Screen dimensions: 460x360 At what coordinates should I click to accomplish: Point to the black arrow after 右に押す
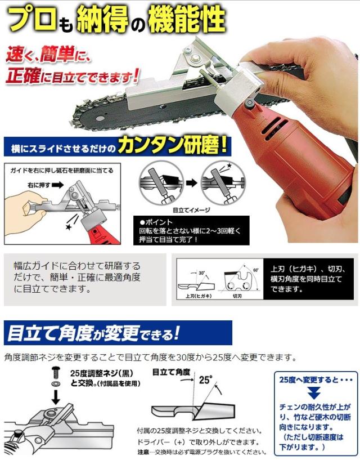pos(57,183)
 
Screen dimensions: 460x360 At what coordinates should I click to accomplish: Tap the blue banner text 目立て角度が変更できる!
pos(93,332)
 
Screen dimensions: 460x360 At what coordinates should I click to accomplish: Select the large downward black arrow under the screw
pos(55,398)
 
